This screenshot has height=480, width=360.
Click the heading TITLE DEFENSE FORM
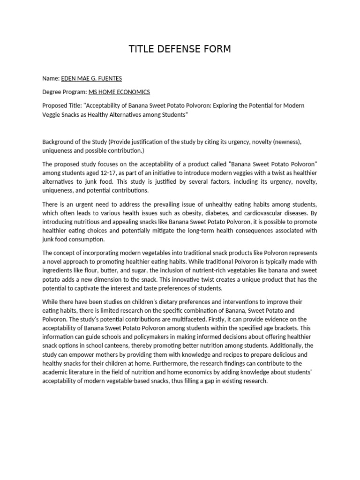click(x=180, y=49)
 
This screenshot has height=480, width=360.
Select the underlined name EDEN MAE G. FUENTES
click(x=92, y=78)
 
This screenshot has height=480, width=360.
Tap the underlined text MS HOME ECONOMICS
click(x=119, y=92)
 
